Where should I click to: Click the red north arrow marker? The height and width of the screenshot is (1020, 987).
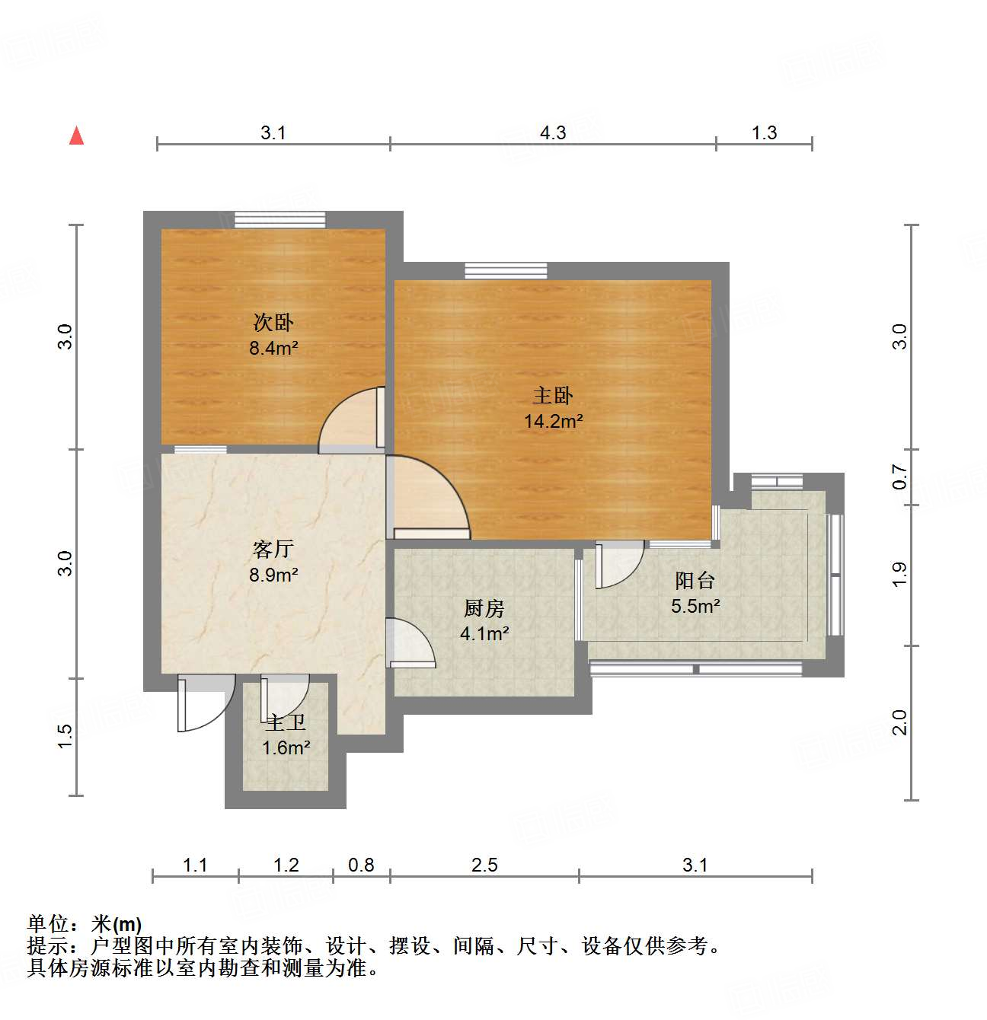[76, 135]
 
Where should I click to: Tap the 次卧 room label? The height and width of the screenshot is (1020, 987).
[273, 322]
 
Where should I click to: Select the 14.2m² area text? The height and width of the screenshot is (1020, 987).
[554, 421]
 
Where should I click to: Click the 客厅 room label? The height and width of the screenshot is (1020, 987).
[273, 549]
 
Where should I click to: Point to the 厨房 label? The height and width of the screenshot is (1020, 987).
[484, 608]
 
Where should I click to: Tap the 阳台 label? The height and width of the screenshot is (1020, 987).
[695, 581]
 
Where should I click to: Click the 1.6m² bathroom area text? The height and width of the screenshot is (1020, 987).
[286, 748]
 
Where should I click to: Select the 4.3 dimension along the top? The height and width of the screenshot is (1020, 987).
[553, 133]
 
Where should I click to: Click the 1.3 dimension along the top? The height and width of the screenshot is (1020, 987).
[764, 133]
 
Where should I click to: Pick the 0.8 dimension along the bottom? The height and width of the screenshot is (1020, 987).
[361, 865]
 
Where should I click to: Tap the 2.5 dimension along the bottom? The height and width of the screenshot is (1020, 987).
[484, 865]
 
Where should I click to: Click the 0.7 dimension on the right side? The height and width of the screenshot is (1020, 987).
[900, 477]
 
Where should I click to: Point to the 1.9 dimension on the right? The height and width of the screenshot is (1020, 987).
[900, 574]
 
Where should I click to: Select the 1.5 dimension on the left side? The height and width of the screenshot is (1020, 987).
[65, 735]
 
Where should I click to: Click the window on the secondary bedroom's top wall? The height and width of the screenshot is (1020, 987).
[279, 219]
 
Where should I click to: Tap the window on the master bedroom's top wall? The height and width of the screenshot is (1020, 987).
[506, 270]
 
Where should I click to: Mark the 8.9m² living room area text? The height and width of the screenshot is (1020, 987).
[273, 575]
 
